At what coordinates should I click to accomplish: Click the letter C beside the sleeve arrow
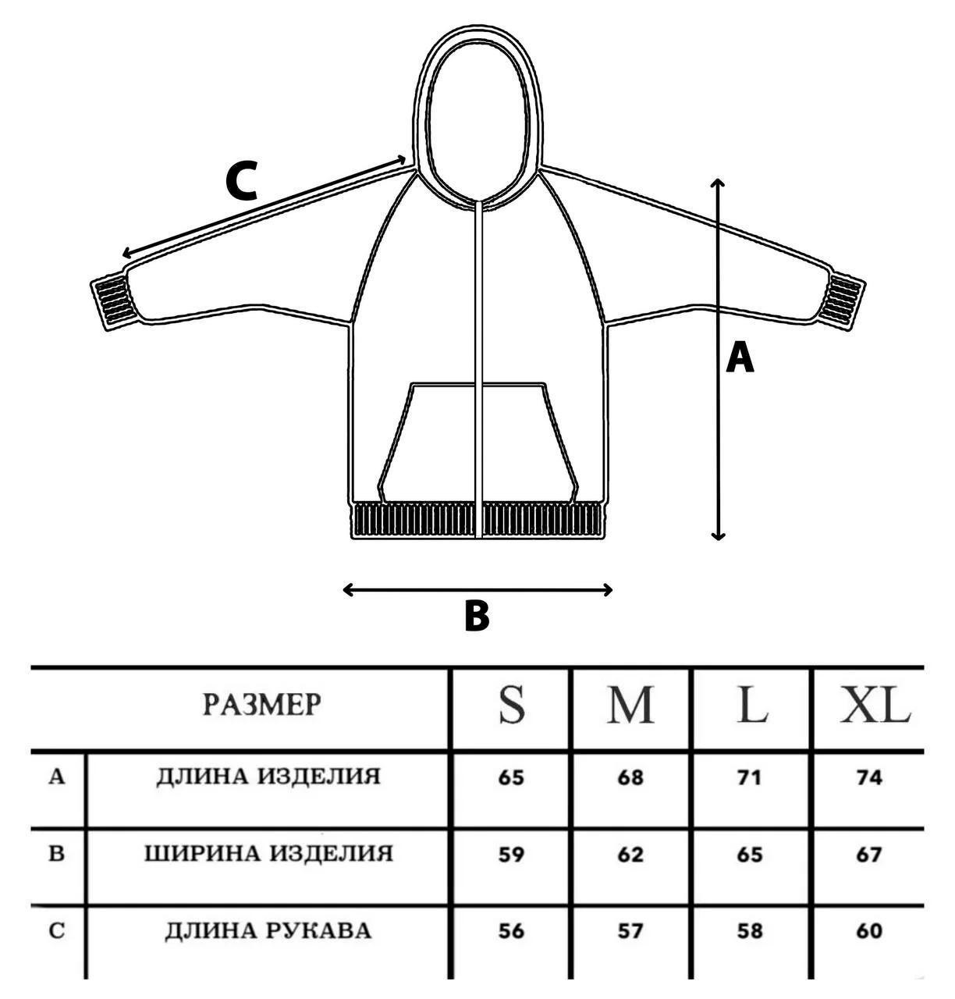[x=241, y=182]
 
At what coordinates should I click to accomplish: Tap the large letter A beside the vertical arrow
[x=740, y=360]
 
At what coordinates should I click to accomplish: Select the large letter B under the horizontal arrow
[x=476, y=616]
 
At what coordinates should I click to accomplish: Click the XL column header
[x=874, y=705]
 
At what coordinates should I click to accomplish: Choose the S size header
[x=512, y=705]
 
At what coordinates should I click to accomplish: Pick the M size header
[x=630, y=705]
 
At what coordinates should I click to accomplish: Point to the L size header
[x=751, y=705]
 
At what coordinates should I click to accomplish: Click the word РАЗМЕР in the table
[x=262, y=705]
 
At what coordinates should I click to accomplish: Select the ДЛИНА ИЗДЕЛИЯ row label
[x=268, y=777]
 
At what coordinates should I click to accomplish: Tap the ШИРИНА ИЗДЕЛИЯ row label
[x=268, y=854]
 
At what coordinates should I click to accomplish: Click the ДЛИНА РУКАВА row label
[x=268, y=930]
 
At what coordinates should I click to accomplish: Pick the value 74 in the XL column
[x=868, y=777]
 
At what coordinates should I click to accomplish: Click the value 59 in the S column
[x=511, y=855]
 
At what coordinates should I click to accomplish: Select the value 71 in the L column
[x=750, y=777]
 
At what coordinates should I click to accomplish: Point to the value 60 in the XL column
[x=868, y=931]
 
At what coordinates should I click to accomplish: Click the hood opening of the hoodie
[x=477, y=125]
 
